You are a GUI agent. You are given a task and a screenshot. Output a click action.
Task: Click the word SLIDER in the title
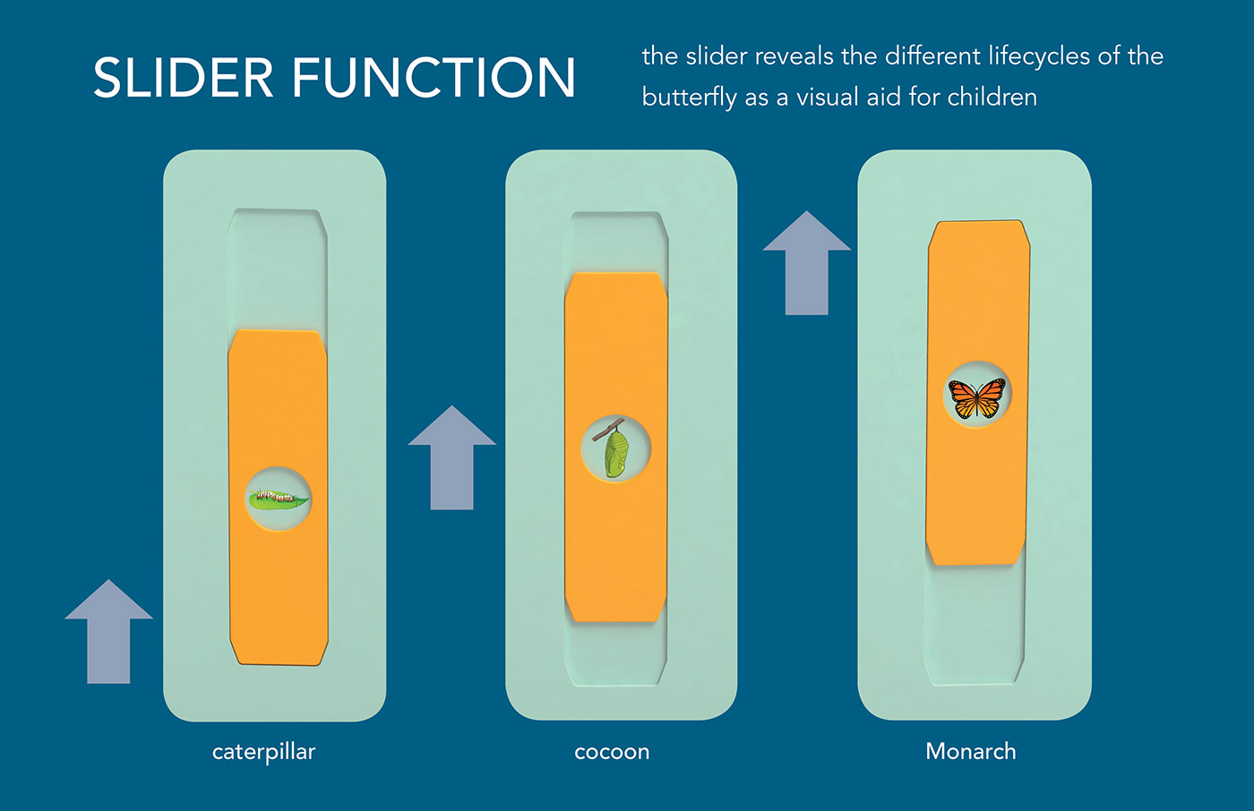184,78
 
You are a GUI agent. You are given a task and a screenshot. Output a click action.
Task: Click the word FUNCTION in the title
434,78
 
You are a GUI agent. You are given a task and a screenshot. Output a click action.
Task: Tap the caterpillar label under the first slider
263,752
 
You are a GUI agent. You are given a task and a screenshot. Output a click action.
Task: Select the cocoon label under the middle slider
612,752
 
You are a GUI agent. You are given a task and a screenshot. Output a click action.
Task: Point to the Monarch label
971,751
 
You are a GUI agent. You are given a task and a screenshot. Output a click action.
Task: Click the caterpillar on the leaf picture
279,499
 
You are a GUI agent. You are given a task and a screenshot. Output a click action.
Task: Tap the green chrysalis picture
615,448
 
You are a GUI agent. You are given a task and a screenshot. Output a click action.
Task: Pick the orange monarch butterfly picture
976,397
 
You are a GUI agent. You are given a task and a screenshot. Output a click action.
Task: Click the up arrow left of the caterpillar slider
108,631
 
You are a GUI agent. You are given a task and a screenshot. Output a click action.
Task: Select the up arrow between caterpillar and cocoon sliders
452,457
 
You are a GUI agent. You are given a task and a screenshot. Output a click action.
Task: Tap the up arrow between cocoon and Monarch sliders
806,262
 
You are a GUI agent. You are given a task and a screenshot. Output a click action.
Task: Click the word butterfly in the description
689,98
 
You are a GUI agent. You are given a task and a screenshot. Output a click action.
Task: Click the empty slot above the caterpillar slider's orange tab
277,269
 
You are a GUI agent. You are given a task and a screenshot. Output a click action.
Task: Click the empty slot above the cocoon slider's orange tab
615,242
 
